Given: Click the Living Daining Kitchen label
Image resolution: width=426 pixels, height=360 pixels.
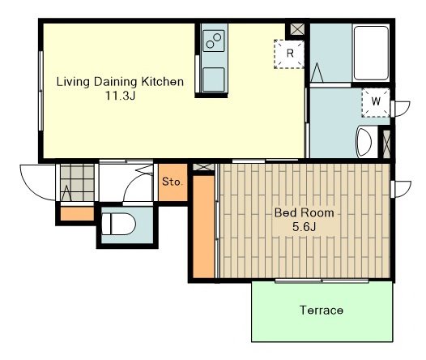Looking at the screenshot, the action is (120, 82).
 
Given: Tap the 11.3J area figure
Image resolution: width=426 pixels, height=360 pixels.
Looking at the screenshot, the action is (121, 96).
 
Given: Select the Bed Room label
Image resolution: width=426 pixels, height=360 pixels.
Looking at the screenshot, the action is (305, 212).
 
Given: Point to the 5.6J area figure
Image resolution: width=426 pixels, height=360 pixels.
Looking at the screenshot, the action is (305, 226).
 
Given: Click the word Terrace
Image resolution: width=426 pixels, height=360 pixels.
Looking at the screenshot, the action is (322, 311).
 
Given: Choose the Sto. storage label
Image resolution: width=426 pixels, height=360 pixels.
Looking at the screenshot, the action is (173, 182).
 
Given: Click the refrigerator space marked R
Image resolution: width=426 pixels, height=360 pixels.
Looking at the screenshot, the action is (289, 54).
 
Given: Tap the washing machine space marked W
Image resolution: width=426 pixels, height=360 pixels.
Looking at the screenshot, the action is (376, 102).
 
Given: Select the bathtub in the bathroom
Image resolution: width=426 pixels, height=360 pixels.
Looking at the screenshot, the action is (372, 53).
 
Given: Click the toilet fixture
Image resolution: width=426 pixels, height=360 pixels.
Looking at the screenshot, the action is (118, 224).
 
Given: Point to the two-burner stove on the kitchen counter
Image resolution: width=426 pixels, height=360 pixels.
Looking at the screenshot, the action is (214, 41).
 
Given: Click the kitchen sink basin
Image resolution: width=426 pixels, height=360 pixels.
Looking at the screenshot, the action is (214, 79).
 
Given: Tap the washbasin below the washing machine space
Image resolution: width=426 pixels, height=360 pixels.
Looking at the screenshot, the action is (364, 142).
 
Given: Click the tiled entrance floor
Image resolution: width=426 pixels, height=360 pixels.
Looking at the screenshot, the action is (77, 182).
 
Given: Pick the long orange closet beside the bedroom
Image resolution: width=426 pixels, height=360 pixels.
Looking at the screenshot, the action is (204, 227).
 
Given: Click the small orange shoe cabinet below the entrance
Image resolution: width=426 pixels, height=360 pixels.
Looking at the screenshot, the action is (77, 214).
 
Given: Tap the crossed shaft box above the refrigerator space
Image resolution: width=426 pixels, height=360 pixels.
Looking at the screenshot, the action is (297, 29).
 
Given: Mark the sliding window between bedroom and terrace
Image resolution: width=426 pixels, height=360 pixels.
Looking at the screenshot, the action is (322, 281).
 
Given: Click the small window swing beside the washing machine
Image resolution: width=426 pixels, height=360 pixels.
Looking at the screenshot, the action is (400, 109).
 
